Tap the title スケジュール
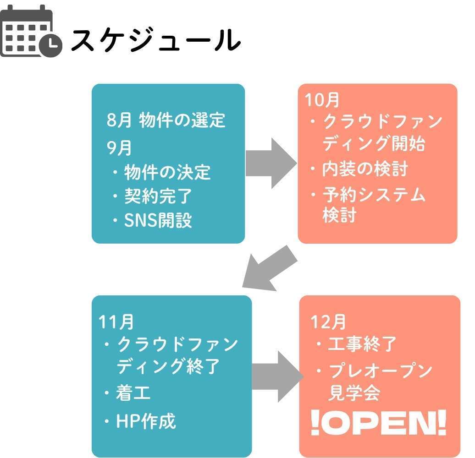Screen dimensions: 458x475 click(156, 40)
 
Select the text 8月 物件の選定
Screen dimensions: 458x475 click(166, 120)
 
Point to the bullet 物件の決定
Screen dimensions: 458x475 click(167, 173)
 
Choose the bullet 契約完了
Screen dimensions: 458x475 click(158, 197)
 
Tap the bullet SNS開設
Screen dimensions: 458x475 click(158, 221)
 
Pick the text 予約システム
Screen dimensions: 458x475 click(374, 195)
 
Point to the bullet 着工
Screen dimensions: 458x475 click(133, 393)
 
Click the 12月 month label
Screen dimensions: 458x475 click(328, 322)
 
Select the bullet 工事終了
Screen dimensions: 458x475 click(362, 344)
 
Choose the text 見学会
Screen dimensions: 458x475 click(354, 393)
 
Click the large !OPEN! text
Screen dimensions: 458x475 click(378, 424)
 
